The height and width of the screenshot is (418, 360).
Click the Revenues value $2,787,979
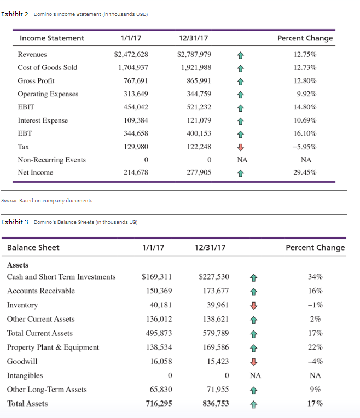pos(194,54)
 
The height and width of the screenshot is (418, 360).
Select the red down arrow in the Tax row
pos(241,147)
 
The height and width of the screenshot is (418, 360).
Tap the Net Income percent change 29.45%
pos(305,172)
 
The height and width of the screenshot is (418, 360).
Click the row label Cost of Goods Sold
pos(48,67)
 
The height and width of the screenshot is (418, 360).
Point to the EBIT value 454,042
pos(136,107)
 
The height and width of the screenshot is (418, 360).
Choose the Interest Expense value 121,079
pos(199,120)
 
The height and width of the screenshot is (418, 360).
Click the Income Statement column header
pos(52,38)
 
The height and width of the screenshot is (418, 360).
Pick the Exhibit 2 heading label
pos(15,14)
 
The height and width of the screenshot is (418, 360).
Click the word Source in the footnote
pos(9,200)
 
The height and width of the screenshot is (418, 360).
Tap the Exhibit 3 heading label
pos(15,222)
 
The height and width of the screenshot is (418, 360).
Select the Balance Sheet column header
pos(33,248)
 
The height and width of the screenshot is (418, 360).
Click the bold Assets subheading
pos(18,265)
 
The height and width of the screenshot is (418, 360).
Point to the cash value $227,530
pos(214,277)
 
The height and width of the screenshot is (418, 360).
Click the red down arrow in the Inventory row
pos(254,305)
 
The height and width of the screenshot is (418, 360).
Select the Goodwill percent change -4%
pos(315,362)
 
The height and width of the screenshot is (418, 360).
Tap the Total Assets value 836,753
pos(216,404)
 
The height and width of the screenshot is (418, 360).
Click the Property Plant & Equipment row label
pos(53,347)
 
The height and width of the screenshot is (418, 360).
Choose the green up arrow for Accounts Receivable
pos(254,292)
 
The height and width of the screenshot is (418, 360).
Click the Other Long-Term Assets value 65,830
pos(161,390)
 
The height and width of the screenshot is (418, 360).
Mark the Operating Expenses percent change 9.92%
pos(306,94)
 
